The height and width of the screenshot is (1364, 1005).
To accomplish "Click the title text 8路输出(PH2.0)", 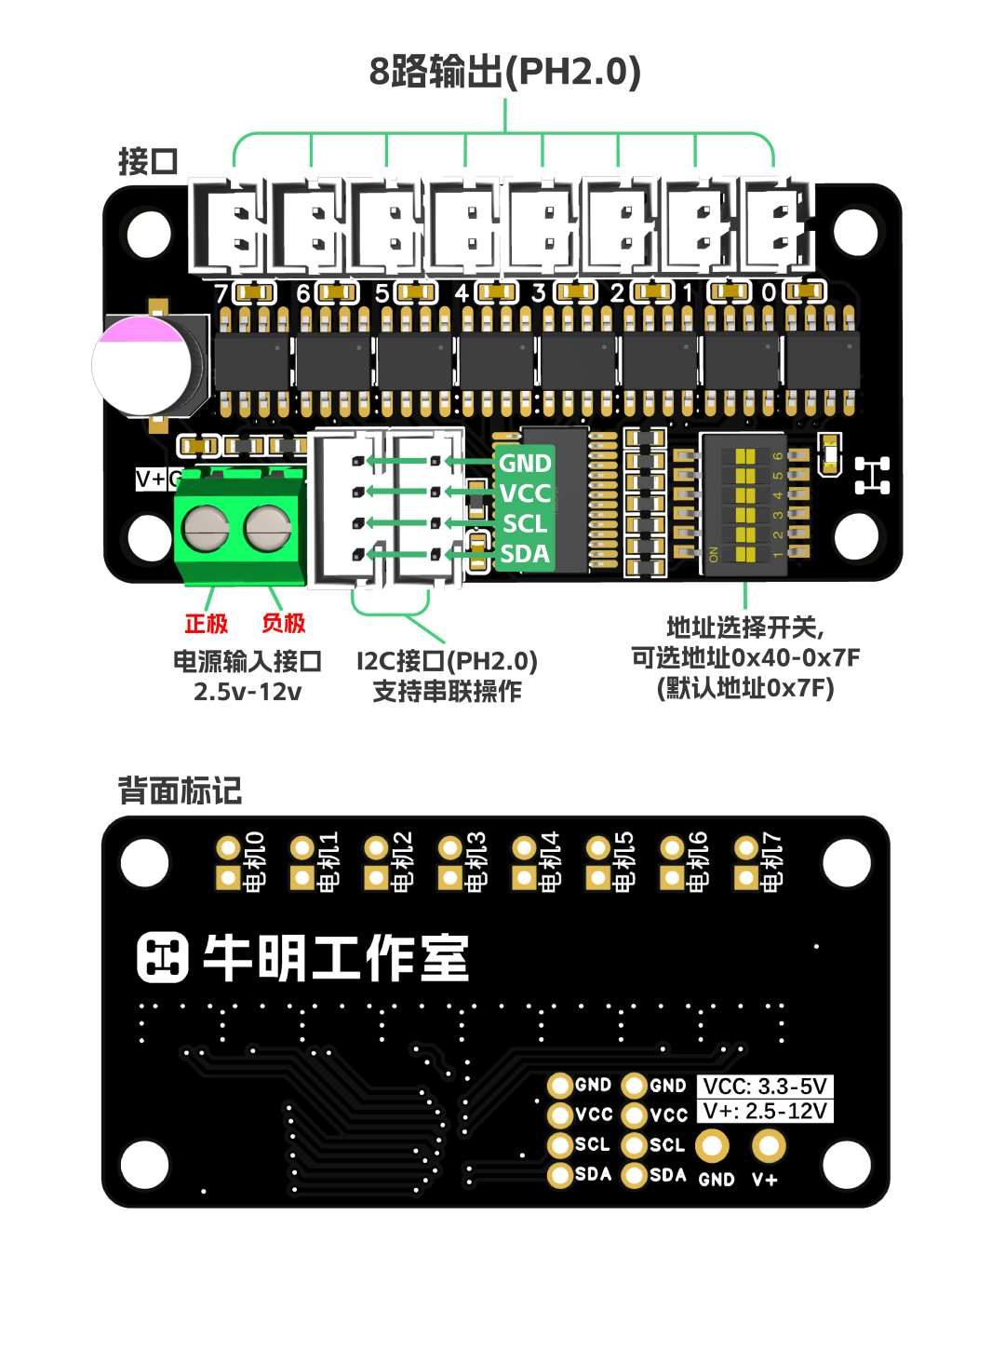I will point(504,72).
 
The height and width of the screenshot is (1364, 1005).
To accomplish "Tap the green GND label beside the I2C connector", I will point(525,463).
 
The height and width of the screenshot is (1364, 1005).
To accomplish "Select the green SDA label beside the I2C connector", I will point(525,554).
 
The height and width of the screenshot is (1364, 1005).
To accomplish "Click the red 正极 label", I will point(206,624).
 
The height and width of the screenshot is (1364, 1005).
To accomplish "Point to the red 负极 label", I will point(284,624).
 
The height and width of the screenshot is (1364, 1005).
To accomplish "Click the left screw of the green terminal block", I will point(206,528).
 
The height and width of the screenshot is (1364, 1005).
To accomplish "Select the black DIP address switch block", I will point(744,503).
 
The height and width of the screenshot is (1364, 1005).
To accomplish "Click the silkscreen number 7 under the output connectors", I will point(221,293).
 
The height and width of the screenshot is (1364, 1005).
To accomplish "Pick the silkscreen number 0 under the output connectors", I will point(769,293).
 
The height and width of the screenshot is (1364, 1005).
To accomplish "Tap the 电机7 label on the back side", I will point(772,862).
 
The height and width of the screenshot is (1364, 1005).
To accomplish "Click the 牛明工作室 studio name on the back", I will point(336,958).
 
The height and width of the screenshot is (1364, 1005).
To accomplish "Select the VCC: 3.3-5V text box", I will point(765,1087).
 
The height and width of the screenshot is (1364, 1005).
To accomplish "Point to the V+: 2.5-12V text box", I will point(765,1111).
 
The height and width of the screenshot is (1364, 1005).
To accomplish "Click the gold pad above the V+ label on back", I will point(769,1145).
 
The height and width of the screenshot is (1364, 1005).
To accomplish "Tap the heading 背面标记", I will point(180,791).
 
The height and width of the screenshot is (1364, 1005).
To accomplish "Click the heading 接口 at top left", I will point(148,161).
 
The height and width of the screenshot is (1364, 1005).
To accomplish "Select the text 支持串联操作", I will point(447,692).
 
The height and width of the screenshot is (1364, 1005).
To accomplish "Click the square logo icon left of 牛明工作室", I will point(163,958).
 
